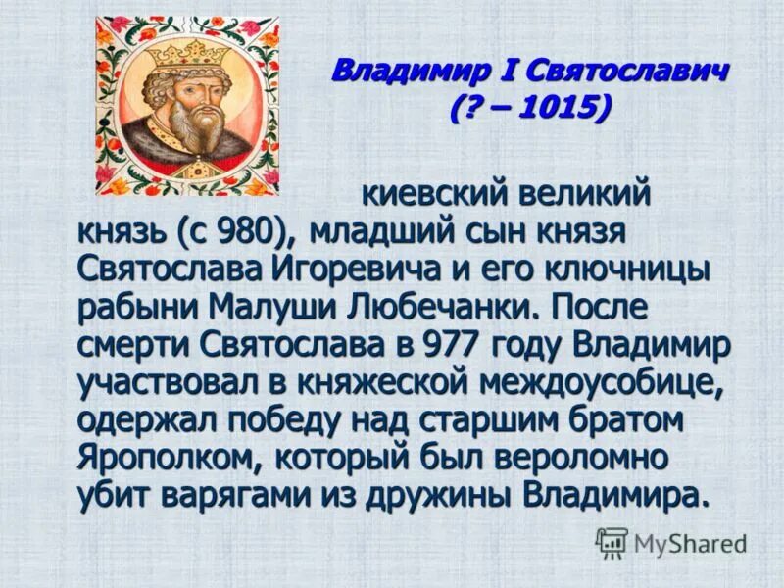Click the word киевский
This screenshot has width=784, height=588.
point(432,194)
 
